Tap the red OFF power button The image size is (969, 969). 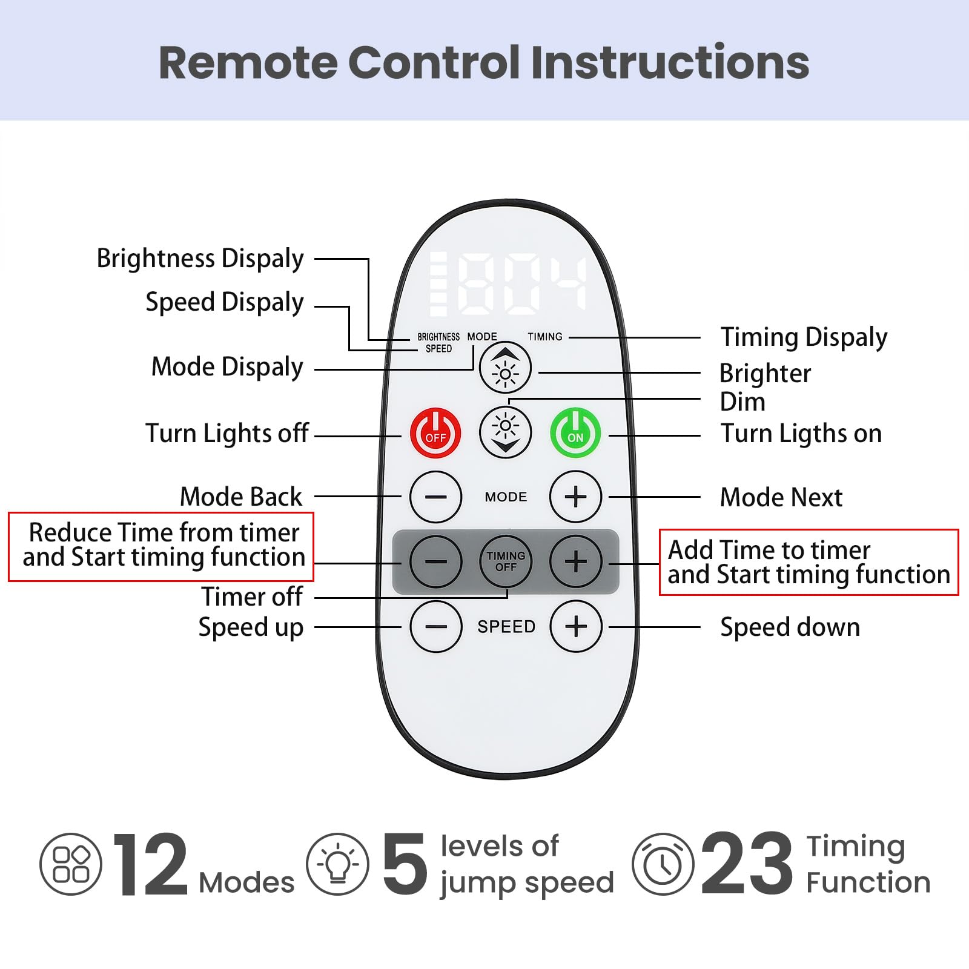click(x=435, y=433)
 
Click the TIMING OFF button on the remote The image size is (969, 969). click(x=506, y=561)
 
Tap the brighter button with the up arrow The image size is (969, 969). click(x=505, y=368)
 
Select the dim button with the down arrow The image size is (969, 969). click(x=505, y=432)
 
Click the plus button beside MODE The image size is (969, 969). click(x=575, y=497)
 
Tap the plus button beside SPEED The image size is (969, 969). click(x=576, y=626)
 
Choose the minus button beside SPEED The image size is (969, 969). click(x=435, y=626)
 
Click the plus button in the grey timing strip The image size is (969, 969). click(x=576, y=561)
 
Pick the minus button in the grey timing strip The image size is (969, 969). click(x=435, y=561)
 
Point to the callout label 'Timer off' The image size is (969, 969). click(x=252, y=597)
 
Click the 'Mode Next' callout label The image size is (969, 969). click(x=781, y=497)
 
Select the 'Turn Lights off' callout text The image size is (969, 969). click(x=227, y=434)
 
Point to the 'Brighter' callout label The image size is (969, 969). click(x=765, y=373)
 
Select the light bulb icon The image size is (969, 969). click(x=337, y=864)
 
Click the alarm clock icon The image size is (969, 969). click(x=663, y=864)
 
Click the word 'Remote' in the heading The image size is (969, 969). click(x=248, y=62)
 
